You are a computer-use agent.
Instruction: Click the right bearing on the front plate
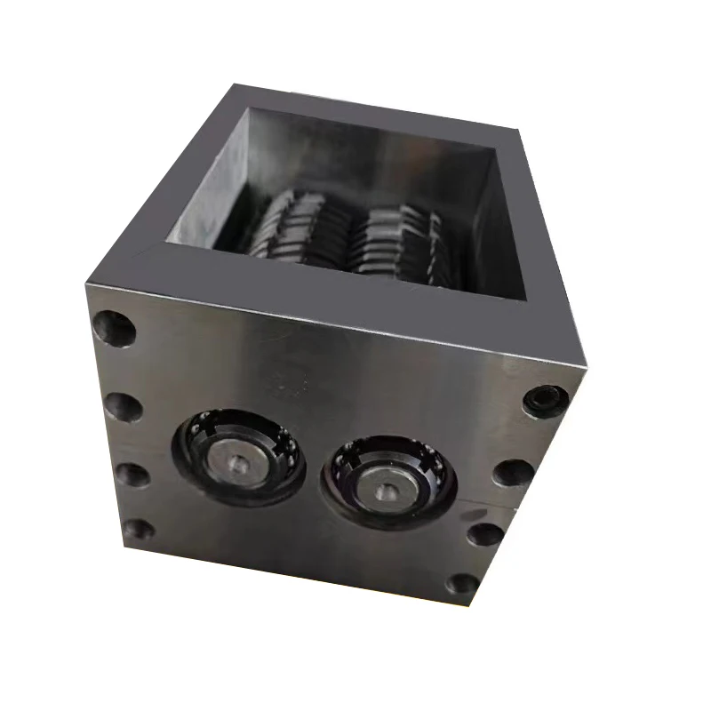click(x=388, y=483)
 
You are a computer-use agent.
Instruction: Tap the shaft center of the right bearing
click(x=388, y=490)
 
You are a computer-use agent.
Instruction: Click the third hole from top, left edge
click(x=131, y=472)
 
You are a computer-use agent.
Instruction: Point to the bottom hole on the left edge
click(x=138, y=531)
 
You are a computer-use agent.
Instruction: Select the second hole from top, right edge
click(x=513, y=472)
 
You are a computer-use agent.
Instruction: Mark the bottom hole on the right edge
click(x=462, y=585)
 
